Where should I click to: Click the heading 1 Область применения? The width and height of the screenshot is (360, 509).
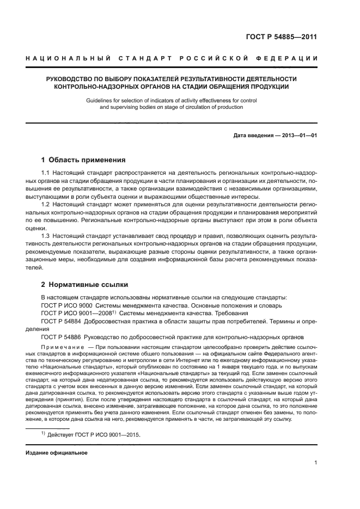click(83, 160)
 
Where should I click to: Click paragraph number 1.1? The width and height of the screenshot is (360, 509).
click(46, 173)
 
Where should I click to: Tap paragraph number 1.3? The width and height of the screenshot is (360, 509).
click(46, 236)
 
